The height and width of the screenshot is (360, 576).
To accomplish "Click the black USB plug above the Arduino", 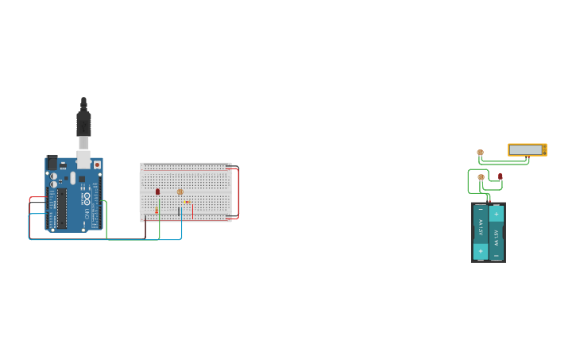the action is click(83, 123).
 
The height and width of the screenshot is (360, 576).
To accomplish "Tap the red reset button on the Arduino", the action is click(98, 165).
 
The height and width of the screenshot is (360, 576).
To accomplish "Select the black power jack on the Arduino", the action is click(52, 162).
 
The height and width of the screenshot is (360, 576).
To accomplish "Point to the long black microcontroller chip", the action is click(61, 208).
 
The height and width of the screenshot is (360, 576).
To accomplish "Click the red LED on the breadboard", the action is click(157, 192).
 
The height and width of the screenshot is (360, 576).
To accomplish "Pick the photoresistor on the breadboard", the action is click(180, 192).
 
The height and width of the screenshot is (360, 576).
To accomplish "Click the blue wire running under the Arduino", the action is click(103, 239).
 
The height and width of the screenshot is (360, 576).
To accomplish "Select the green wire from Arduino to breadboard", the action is click(131, 238).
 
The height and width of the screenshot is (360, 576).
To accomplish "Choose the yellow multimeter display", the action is click(526, 149).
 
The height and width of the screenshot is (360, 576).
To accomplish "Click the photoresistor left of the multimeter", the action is click(480, 152).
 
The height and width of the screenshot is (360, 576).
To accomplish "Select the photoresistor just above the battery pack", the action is click(481, 177).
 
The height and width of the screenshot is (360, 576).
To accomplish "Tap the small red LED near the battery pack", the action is click(501, 176).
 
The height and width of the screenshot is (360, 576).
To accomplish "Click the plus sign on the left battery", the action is click(480, 250).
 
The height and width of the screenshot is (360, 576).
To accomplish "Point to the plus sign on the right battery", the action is click(497, 213).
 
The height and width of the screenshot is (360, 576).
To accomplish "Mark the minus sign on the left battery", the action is click(480, 210).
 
